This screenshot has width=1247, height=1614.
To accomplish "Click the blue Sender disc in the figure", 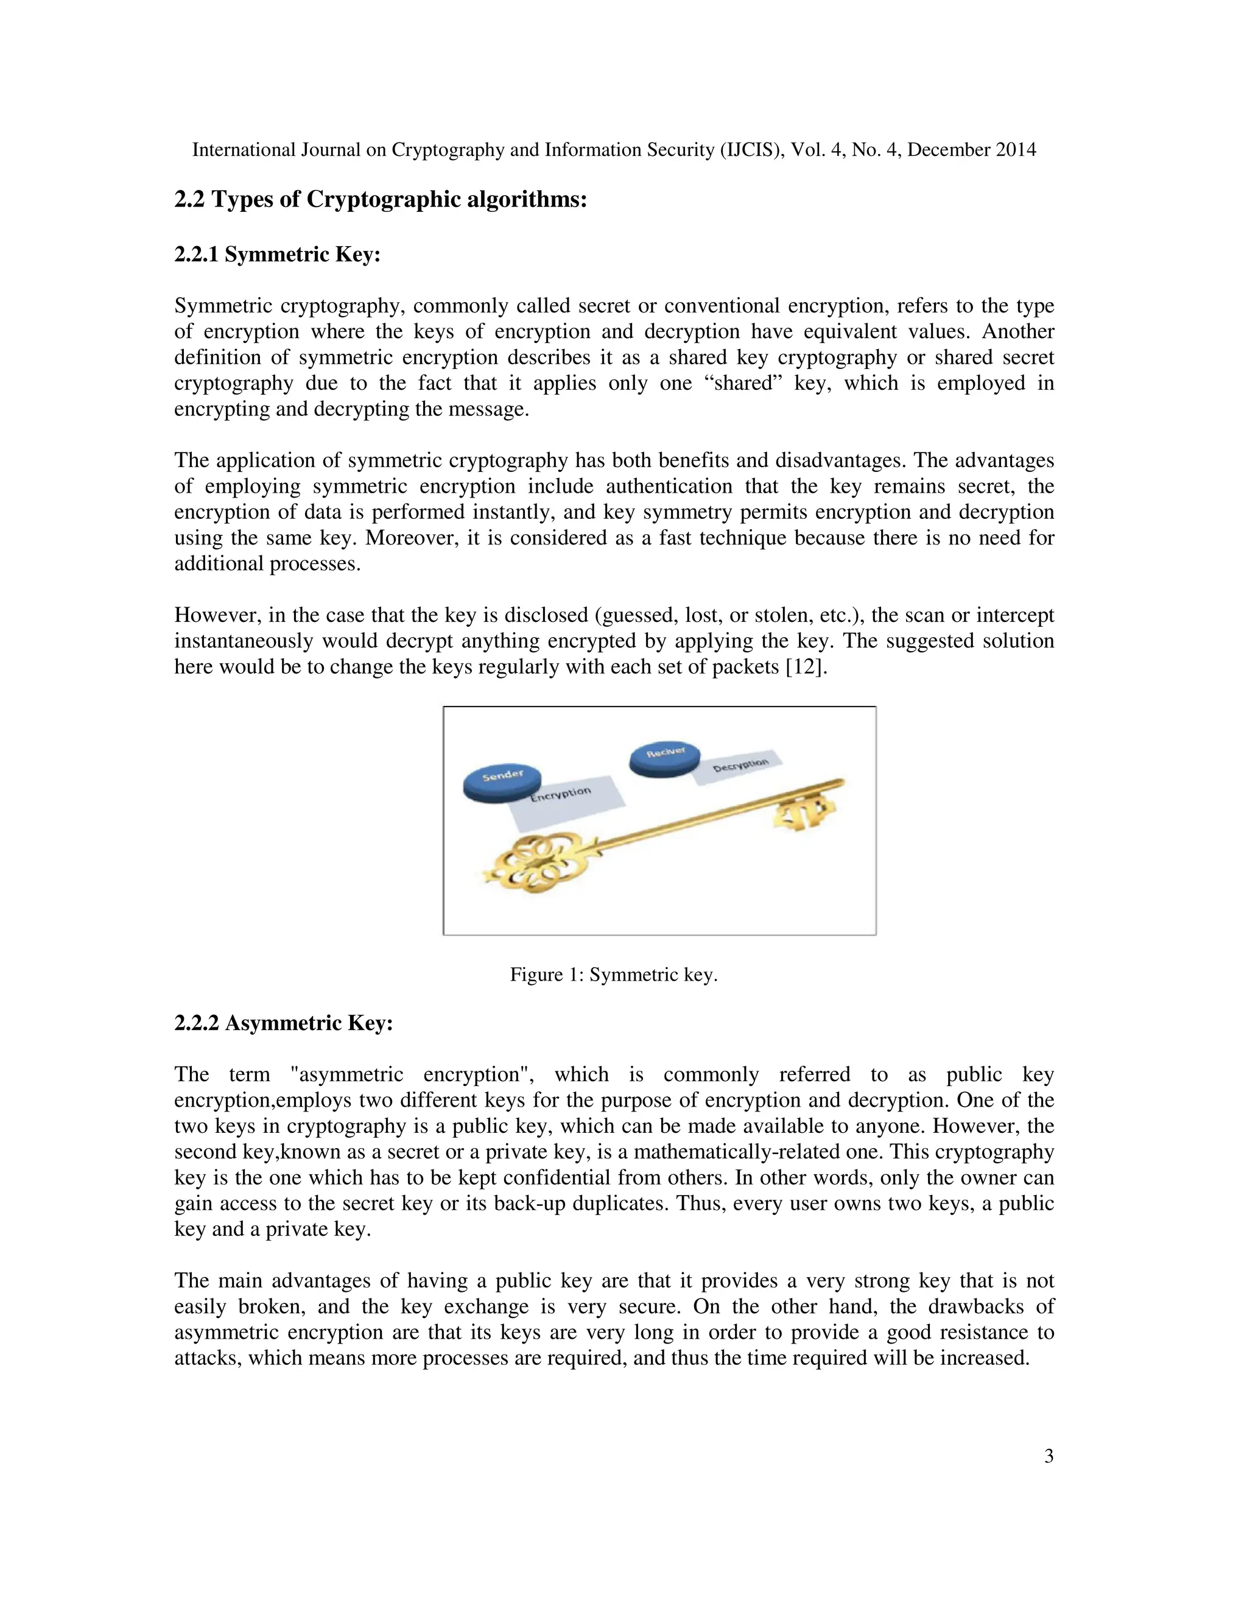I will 502,782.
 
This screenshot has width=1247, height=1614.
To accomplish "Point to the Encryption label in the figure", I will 561,794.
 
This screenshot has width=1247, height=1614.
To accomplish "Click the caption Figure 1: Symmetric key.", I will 613,974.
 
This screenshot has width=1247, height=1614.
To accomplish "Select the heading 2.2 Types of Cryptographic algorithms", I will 380,200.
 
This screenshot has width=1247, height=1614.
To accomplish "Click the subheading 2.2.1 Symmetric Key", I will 277,254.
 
